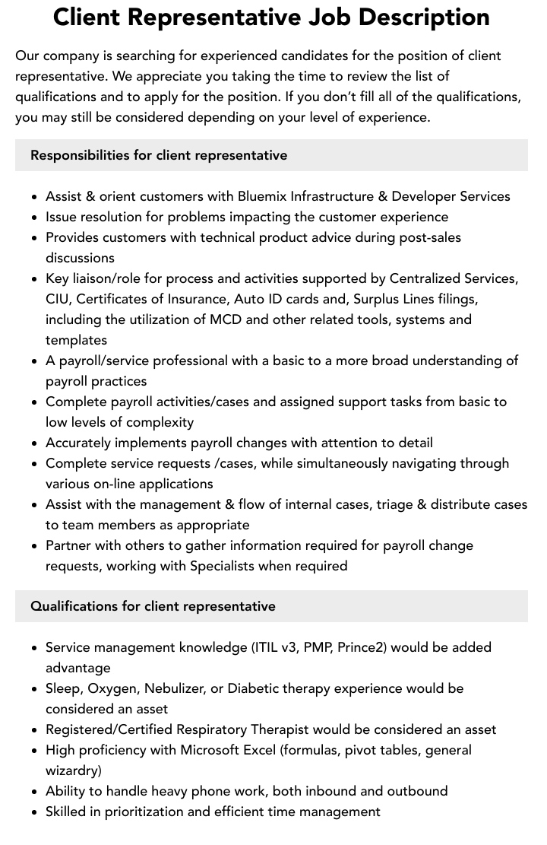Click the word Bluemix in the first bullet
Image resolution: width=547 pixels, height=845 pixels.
tap(263, 196)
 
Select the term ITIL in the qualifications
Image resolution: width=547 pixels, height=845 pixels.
tap(266, 647)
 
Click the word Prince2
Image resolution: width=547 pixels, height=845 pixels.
tap(361, 647)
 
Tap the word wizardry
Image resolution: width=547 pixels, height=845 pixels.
tap(72, 770)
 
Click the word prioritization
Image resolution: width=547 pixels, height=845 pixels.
tap(140, 812)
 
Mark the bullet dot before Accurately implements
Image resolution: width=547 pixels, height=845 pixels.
tap(35, 443)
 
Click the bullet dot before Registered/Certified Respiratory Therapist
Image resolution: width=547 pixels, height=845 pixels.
tap(35, 730)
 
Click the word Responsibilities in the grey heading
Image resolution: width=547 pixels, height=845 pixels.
tap(80, 155)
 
